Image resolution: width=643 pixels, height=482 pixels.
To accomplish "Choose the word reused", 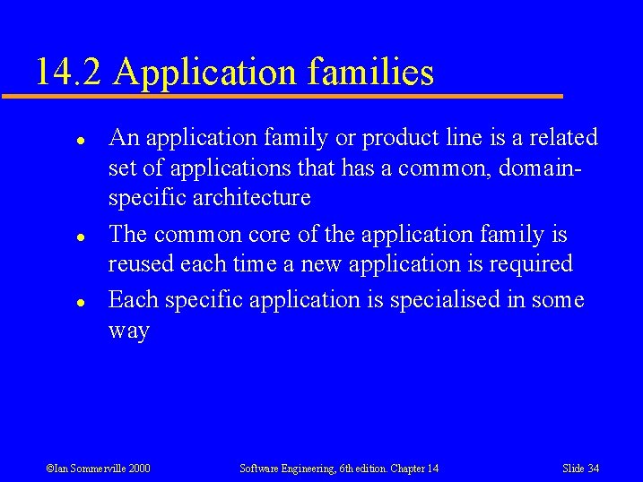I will click(141, 264).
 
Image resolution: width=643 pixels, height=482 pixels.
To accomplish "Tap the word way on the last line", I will click(128, 331).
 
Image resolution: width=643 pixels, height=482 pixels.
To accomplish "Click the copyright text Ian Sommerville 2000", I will click(98, 469).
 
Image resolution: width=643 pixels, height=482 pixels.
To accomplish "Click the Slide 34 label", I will click(580, 469).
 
